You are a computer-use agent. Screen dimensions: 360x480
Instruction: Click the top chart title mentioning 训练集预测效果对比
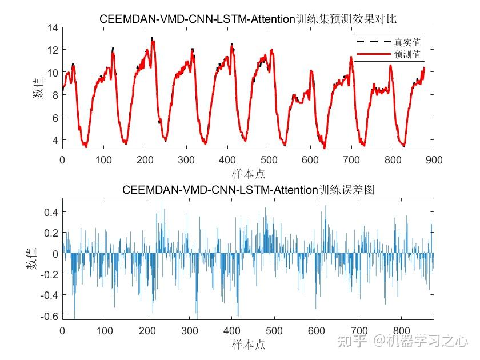[x=248, y=19]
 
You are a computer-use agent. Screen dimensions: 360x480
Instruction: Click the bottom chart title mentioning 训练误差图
[x=248, y=190]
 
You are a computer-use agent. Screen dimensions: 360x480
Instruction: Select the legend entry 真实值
[x=407, y=42]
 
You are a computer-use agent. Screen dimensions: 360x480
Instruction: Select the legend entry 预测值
[x=407, y=54]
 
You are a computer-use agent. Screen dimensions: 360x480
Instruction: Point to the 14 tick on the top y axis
[x=53, y=27]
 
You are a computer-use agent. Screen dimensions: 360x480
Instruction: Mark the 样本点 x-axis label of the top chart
[x=248, y=173]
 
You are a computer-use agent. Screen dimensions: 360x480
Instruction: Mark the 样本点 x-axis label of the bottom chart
[x=248, y=344]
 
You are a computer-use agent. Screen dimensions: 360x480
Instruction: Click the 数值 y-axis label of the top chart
[x=38, y=87]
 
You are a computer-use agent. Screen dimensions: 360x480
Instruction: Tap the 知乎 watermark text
[x=350, y=341]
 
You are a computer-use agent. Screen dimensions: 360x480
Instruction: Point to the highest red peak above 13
[x=152, y=38]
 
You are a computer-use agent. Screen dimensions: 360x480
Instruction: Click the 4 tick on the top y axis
[x=55, y=140]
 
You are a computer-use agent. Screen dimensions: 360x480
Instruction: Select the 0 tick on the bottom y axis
[x=55, y=254]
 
